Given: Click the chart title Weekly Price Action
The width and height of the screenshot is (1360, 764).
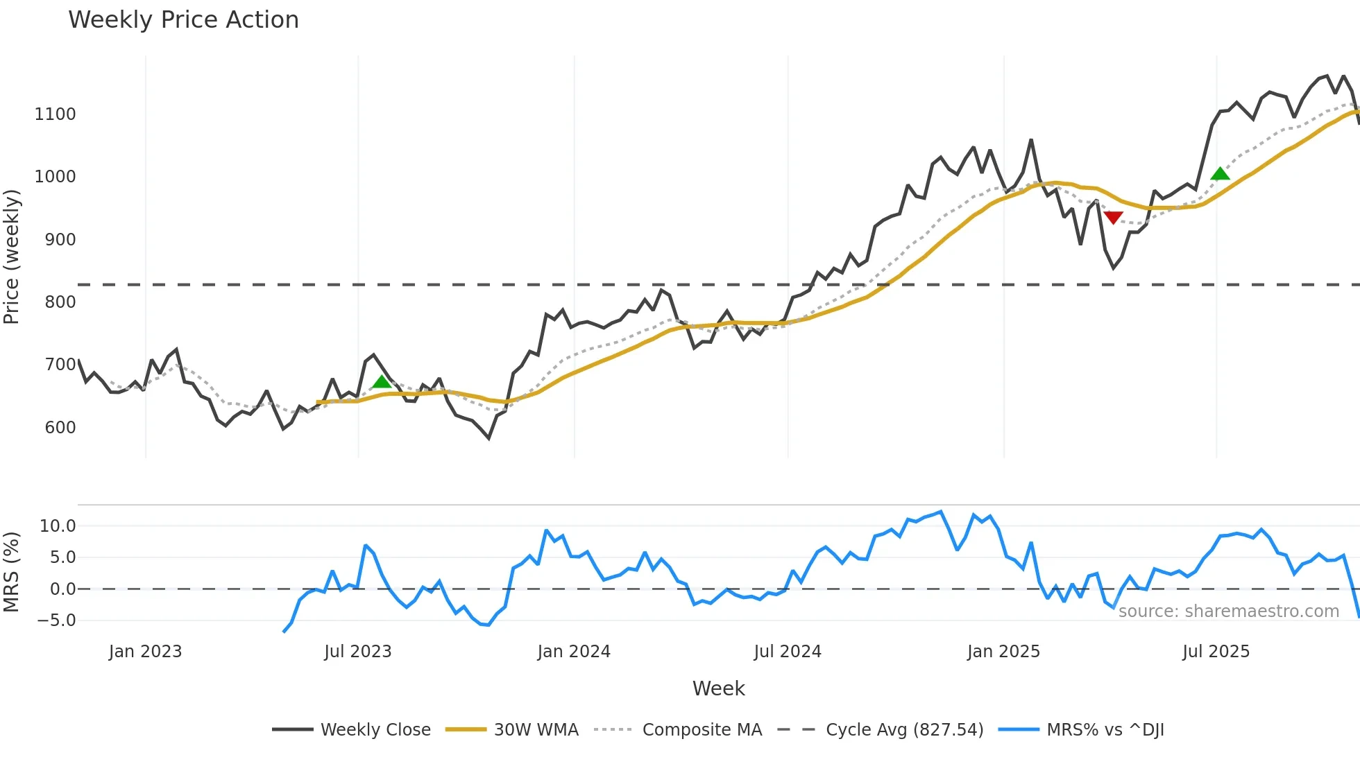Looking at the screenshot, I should (x=183, y=20).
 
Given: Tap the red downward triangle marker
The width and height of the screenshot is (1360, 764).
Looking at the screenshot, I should (x=1113, y=218).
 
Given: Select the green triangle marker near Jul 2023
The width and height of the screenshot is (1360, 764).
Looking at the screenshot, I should (x=382, y=381).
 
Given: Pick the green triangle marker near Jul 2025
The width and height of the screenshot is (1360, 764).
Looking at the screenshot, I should (x=1220, y=173).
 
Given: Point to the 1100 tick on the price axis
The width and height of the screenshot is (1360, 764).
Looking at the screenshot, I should (x=56, y=114).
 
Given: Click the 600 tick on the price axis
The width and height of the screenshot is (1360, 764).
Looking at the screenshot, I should (x=60, y=428).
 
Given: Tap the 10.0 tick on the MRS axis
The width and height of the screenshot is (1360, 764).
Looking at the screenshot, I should (x=58, y=526).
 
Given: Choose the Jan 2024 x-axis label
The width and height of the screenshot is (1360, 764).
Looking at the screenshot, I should (x=574, y=652).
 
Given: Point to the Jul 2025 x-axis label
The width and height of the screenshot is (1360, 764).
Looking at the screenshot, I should (x=1216, y=652).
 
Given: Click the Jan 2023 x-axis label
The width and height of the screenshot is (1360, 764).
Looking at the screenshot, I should (x=145, y=652).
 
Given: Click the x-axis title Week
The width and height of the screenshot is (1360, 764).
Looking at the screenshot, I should (x=718, y=688).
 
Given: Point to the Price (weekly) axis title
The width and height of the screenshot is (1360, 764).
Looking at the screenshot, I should (x=12, y=257).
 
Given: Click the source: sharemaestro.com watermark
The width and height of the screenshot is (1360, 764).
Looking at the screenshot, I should (x=1228, y=611).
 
